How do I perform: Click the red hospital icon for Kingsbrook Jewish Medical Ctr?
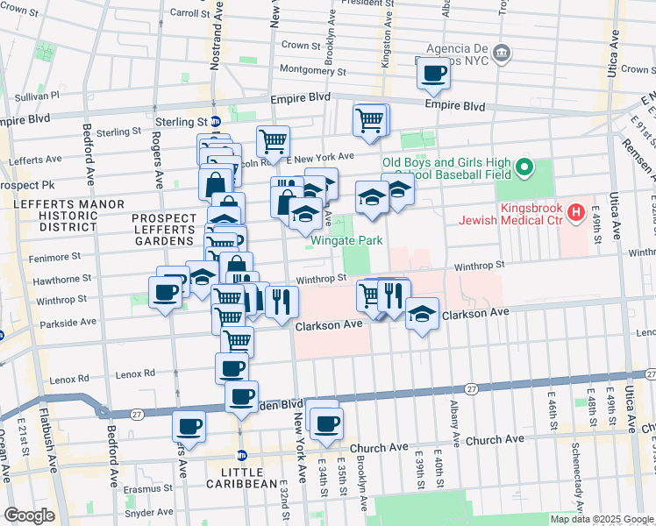click(575, 211)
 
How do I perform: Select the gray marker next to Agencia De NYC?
click(503, 54)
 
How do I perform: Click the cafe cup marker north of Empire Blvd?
click(432, 75)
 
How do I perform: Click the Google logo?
click(29, 515)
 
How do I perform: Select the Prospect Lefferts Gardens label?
click(162, 229)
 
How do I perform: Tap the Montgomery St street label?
click(313, 71)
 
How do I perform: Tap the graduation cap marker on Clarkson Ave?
click(422, 316)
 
